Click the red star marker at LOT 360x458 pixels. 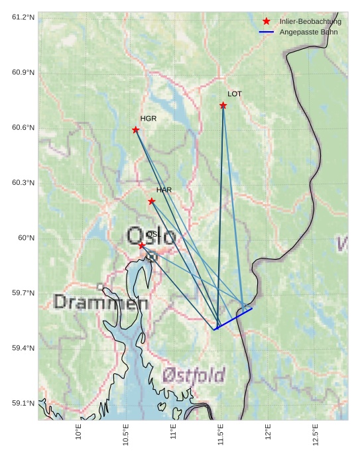[x=223, y=105]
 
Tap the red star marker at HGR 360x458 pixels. [x=136, y=130]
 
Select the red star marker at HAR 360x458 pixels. [x=152, y=201]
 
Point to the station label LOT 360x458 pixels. [x=235, y=94]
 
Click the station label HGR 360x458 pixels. [x=149, y=119]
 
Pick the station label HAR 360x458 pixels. [x=164, y=190]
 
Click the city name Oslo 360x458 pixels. [x=150, y=237]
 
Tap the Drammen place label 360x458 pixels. [x=101, y=303]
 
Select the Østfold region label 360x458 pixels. [x=194, y=376]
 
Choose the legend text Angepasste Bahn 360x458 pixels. [x=309, y=32]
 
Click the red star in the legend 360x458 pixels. [x=267, y=21]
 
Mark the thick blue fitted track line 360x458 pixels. [x=234, y=318]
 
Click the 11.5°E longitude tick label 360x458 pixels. [x=221, y=435]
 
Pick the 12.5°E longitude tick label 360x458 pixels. [x=316, y=435]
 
